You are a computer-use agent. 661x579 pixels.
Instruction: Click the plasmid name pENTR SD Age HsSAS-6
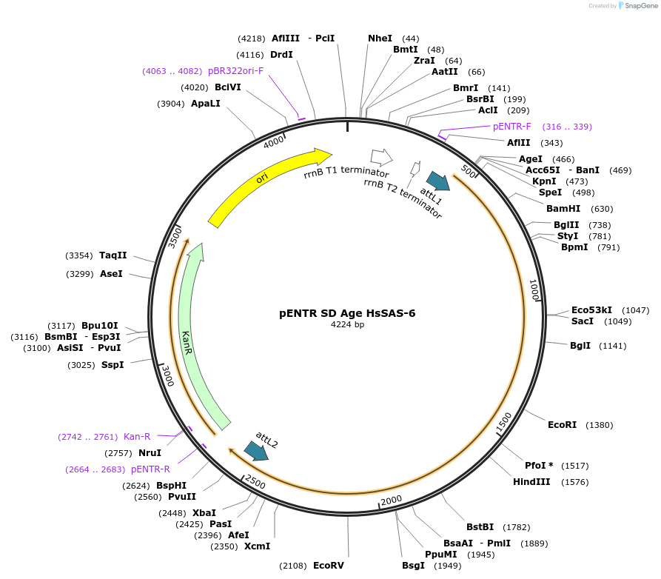point(347,313)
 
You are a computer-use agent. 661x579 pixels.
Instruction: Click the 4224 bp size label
point(347,324)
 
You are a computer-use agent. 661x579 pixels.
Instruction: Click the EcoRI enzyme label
point(562,425)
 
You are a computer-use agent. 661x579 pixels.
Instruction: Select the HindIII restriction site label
point(531,482)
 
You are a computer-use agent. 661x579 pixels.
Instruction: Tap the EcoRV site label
point(329,566)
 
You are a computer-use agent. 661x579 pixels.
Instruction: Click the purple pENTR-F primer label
point(512,127)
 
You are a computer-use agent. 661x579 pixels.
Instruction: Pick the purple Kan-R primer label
point(137,437)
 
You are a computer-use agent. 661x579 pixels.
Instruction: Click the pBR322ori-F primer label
point(235,71)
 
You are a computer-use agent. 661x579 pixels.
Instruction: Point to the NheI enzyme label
point(380,39)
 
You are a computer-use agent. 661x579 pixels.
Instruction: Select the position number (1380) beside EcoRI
point(600,425)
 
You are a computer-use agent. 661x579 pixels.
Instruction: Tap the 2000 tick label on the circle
point(391,501)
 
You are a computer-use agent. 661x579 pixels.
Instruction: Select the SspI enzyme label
point(113,364)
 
